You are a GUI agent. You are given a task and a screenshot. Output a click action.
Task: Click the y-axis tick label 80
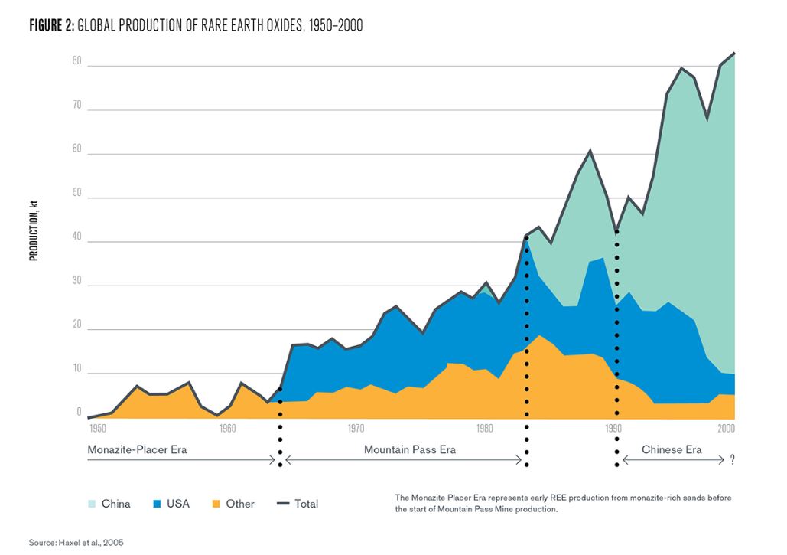click(x=76, y=61)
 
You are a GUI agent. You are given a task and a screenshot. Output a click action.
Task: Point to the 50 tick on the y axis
click(x=76, y=193)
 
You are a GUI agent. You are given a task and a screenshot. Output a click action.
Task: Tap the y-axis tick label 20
click(x=76, y=325)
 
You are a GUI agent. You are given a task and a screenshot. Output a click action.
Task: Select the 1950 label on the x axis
click(x=98, y=427)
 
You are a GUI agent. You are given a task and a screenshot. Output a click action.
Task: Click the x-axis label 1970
click(x=355, y=427)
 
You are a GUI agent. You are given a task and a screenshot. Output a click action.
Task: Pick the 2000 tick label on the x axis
click(x=725, y=427)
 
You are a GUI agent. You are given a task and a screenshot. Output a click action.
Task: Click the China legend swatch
click(x=91, y=504)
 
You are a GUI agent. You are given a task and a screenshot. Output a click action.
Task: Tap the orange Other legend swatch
click(x=216, y=504)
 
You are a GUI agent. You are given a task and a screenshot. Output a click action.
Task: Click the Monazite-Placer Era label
click(x=137, y=450)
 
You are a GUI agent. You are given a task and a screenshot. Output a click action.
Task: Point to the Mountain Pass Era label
click(x=409, y=450)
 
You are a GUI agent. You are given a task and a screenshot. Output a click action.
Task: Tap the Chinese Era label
click(x=672, y=450)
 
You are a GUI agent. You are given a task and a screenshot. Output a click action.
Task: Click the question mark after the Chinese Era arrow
click(x=732, y=459)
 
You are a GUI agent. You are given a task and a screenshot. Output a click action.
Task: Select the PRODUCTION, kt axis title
click(x=34, y=230)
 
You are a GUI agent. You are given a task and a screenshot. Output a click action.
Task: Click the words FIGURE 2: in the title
click(x=52, y=26)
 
